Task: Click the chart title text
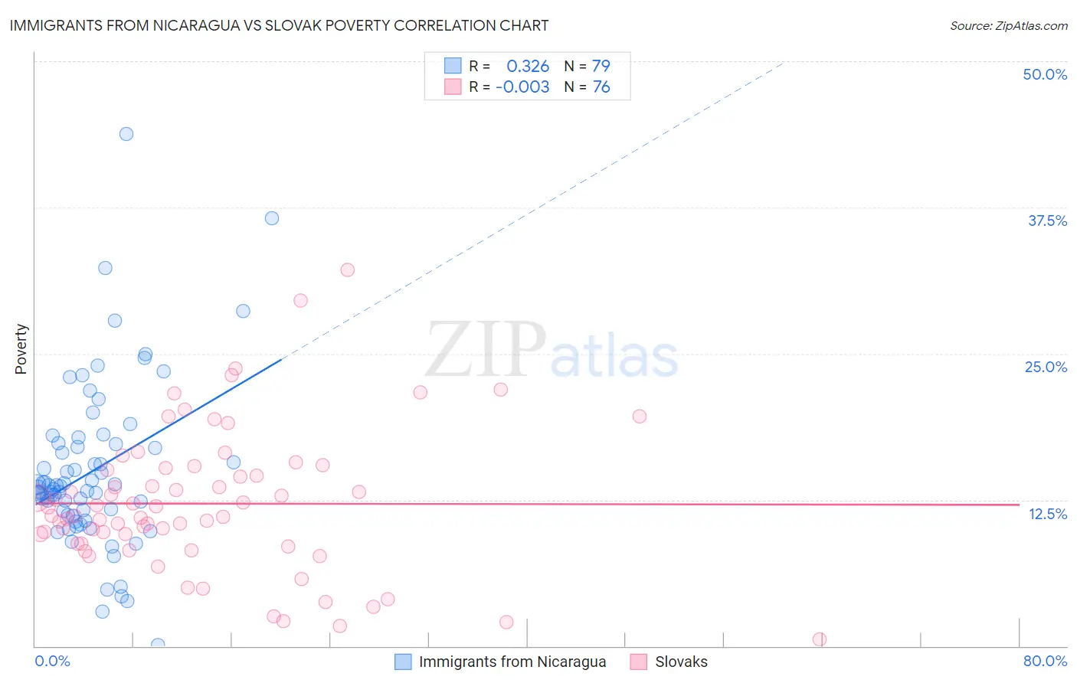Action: (x=279, y=25)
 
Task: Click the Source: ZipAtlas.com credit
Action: (x=1008, y=25)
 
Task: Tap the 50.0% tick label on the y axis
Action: (x=1045, y=74)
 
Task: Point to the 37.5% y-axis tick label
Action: (x=1047, y=221)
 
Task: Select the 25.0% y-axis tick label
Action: (x=1046, y=367)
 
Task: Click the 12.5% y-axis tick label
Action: (x=1047, y=514)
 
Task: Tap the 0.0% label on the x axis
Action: (x=52, y=661)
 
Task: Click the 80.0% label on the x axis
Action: (x=1045, y=661)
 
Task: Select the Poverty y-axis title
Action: (x=21, y=349)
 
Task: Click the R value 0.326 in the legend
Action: (x=528, y=66)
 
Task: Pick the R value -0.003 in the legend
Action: (x=522, y=87)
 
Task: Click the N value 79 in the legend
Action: (x=601, y=66)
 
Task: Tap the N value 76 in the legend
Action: (x=601, y=87)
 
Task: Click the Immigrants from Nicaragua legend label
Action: (x=512, y=662)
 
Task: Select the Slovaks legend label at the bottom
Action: (x=681, y=662)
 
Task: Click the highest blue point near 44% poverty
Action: (x=126, y=134)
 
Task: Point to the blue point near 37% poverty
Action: (x=272, y=218)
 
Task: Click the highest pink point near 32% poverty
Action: (x=348, y=270)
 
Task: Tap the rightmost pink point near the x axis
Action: (x=820, y=639)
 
